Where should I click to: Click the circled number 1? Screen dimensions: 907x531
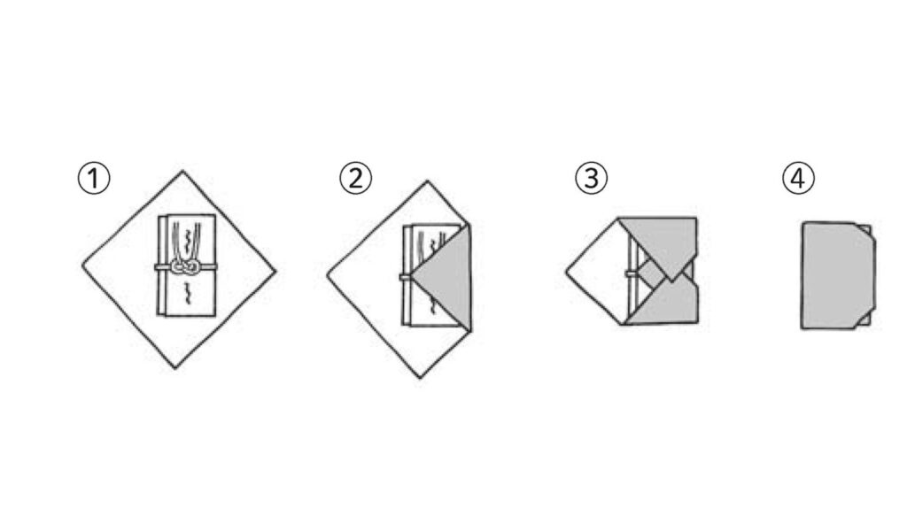[x=94, y=179]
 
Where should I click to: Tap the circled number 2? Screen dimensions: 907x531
[x=356, y=178]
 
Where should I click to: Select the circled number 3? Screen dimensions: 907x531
[x=591, y=178]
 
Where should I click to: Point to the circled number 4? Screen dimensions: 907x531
[x=798, y=178]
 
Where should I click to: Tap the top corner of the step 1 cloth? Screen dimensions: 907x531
[x=182, y=171]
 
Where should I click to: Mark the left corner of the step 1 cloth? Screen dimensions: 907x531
[x=83, y=265]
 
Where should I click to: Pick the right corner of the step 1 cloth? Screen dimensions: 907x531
[x=275, y=270]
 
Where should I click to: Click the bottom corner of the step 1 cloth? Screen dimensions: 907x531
[x=175, y=367]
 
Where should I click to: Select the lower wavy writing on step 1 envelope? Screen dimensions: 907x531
[x=187, y=293]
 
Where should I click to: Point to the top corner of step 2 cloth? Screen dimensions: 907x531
[x=428, y=181]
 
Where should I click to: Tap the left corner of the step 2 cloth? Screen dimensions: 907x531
[x=328, y=275]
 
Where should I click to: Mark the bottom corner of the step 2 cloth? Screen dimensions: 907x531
[x=420, y=378]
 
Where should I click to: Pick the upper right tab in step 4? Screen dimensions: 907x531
[x=865, y=230]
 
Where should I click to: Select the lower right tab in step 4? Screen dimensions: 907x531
[x=864, y=320]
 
